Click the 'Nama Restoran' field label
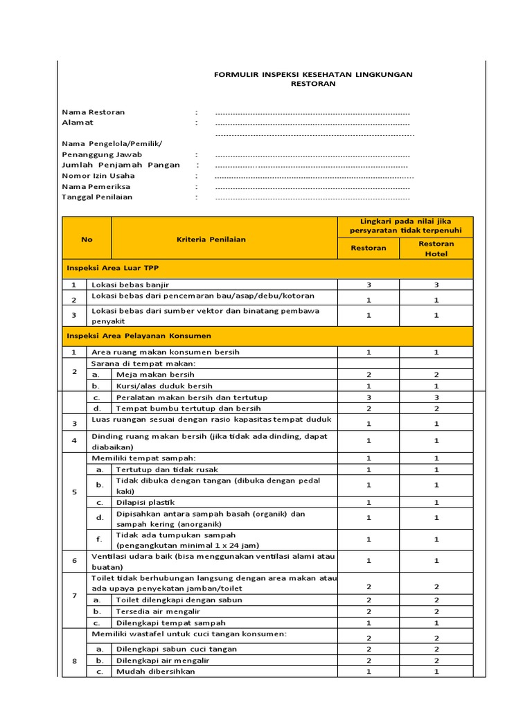tap(94, 112)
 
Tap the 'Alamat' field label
tap(78, 123)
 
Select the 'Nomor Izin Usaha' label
tap(98, 176)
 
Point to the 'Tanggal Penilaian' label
tap(97, 197)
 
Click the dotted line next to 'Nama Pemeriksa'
tap(312, 187)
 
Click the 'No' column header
tap(87, 240)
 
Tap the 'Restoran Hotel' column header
tap(436, 249)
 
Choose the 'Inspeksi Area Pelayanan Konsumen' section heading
tap(139, 336)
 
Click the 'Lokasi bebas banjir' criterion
tap(130, 285)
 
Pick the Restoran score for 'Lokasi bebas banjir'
tap(369, 285)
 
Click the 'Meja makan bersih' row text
tap(152, 375)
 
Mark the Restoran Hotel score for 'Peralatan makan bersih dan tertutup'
tap(436, 397)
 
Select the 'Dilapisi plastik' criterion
tap(145, 502)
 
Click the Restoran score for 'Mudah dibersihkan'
tap(369, 671)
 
